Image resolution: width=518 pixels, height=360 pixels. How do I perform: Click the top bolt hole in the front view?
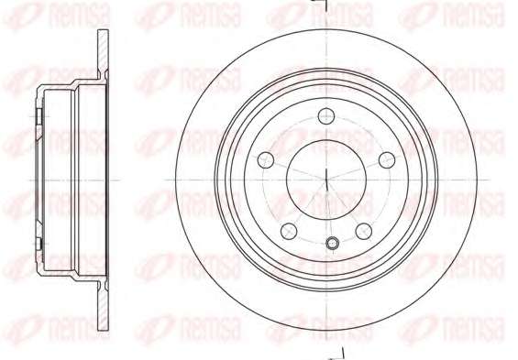tap(326, 115)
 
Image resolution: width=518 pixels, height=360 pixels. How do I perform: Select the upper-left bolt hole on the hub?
tap(266, 160)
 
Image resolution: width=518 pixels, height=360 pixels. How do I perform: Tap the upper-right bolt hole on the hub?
tap(387, 160)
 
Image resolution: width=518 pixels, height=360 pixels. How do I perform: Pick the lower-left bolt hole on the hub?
tap(289, 231)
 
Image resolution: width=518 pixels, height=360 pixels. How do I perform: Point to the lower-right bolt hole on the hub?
tap(364, 231)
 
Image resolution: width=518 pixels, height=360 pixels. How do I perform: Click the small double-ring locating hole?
tap(332, 243)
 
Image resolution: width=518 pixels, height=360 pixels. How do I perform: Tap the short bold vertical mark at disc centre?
tap(326, 180)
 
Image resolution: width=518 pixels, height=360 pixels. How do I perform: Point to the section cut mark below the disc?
tap(338, 355)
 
